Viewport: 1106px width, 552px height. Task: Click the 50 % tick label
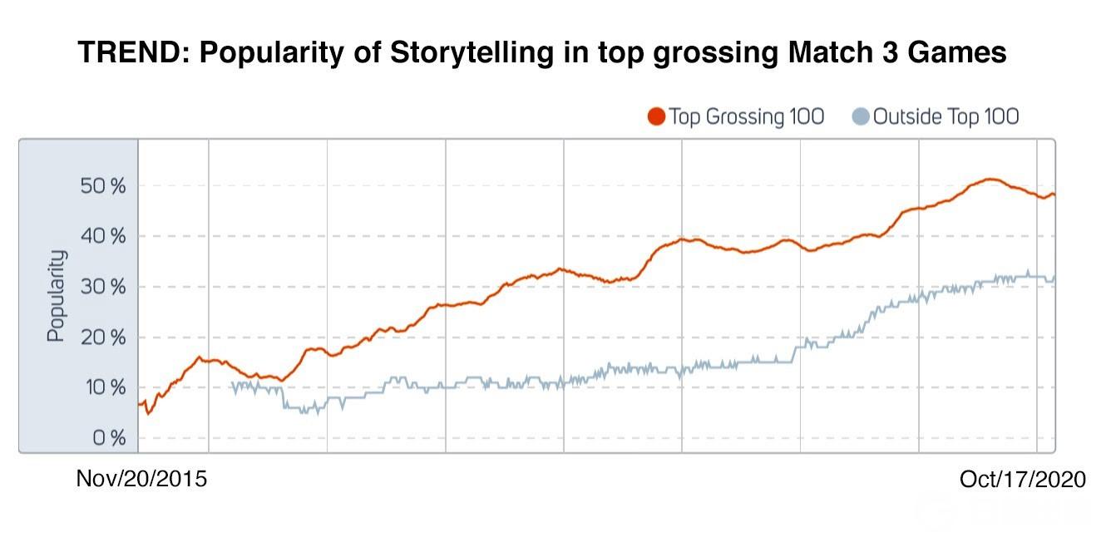(x=104, y=186)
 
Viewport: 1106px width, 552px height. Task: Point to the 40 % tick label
(x=104, y=237)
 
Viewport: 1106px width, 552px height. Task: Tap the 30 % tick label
(x=104, y=288)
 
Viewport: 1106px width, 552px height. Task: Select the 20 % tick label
(x=104, y=338)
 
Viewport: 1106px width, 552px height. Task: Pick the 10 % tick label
(x=104, y=388)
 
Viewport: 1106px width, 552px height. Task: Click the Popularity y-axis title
(x=55, y=295)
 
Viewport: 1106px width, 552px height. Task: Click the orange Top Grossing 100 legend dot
(x=656, y=117)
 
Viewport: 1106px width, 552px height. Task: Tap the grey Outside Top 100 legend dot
(x=862, y=117)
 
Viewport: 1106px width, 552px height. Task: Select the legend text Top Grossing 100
(x=746, y=117)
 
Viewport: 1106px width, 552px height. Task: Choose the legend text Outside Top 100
(x=946, y=117)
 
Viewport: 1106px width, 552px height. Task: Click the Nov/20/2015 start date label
(x=141, y=480)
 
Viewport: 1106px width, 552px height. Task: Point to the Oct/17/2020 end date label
(x=1022, y=480)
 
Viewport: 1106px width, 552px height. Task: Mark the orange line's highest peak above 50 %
(x=990, y=179)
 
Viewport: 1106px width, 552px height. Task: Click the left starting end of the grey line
(x=231, y=384)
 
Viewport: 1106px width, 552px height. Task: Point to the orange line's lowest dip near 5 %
(x=148, y=413)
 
